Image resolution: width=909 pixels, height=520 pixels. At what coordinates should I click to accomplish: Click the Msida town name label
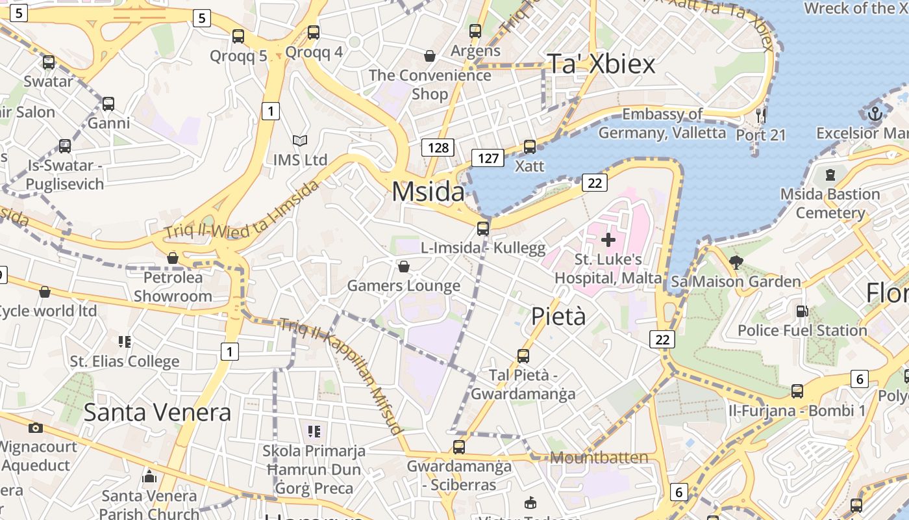[x=428, y=192]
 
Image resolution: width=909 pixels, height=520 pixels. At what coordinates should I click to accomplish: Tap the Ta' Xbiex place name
[x=601, y=64]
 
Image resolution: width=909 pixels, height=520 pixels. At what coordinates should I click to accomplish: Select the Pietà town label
[x=558, y=317]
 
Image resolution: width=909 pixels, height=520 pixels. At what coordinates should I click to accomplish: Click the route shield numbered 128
[x=438, y=148]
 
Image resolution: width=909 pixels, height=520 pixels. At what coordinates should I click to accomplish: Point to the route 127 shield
[x=488, y=157]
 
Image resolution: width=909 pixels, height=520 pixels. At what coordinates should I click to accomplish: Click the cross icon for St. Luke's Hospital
[x=608, y=240]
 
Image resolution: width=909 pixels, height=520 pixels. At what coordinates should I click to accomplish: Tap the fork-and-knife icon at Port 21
[x=761, y=116]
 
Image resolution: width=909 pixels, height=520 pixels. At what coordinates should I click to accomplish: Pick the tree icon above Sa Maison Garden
[x=736, y=263]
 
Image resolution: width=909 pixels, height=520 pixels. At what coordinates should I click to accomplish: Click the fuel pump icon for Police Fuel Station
[x=803, y=311]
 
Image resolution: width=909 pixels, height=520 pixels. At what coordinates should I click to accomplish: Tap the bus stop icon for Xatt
[x=530, y=147]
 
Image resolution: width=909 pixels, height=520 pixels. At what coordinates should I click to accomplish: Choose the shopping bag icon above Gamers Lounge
[x=403, y=266]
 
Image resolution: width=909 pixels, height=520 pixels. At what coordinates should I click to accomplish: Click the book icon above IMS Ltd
[x=299, y=140]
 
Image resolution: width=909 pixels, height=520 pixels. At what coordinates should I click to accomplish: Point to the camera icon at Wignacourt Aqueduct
[x=36, y=428]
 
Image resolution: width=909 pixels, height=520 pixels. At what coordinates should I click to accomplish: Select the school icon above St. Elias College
[x=125, y=342]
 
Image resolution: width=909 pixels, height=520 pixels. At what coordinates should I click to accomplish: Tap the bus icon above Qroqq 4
[x=314, y=32]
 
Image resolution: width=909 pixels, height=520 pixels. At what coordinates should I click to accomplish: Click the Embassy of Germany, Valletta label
[x=662, y=123]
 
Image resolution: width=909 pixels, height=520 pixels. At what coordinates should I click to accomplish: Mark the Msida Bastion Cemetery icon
[x=830, y=175]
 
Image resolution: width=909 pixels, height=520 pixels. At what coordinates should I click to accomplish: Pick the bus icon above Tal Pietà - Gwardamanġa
[x=523, y=356]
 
